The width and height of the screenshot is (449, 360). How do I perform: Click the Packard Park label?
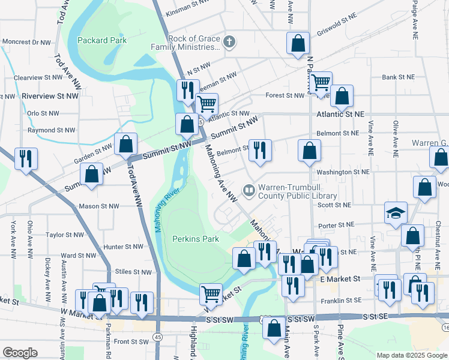[x=100, y=41]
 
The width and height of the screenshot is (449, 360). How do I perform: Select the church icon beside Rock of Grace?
[x=228, y=42]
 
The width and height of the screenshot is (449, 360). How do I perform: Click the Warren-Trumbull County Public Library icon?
[x=249, y=191]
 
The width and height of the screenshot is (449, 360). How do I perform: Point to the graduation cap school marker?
[x=396, y=214]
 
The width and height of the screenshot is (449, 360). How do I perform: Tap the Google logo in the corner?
[x=20, y=353]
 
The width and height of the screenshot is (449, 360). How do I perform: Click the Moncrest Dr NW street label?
[x=28, y=43]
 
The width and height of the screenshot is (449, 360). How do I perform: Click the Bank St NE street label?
[x=398, y=77]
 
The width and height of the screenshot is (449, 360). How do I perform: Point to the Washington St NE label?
[x=343, y=172]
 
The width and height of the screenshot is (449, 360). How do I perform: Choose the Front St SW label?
[x=131, y=341]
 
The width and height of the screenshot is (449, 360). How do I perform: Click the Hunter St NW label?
[x=123, y=247]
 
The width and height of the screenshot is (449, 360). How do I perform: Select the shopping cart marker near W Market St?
[x=211, y=294]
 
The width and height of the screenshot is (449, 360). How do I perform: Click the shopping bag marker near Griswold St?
[x=298, y=43]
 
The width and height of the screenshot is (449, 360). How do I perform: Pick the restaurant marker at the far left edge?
[x=26, y=158]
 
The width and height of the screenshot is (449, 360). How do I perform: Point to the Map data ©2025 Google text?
[x=412, y=355]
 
